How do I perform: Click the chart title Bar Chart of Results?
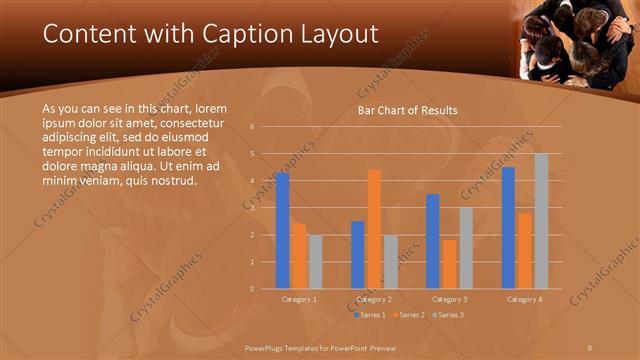tap(408, 110)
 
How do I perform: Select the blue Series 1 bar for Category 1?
tap(283, 230)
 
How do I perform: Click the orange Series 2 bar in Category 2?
tap(374, 229)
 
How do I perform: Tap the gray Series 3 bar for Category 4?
tap(541, 221)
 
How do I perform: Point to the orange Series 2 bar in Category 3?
tap(449, 264)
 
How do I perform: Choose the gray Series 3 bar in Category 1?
tap(315, 261)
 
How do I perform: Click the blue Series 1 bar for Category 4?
tap(508, 227)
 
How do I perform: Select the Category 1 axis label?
tap(299, 299)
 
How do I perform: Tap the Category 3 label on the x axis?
tap(449, 299)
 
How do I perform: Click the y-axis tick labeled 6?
tap(253, 127)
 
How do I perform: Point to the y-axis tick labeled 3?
tap(253, 208)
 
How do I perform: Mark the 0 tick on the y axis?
tap(253, 289)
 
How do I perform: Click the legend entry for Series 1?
tap(372, 314)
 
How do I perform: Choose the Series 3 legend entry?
tap(448, 314)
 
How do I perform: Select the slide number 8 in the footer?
tap(590, 345)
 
